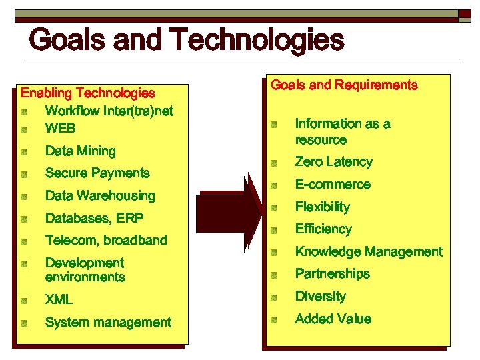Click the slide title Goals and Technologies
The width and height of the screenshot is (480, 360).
tap(187, 40)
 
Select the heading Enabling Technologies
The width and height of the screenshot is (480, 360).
tap(88, 93)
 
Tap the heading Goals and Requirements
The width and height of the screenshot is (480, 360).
tap(344, 85)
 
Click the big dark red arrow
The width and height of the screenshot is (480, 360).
tap(231, 212)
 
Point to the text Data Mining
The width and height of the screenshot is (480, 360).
tap(80, 151)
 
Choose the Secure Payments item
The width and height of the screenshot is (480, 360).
tap(97, 173)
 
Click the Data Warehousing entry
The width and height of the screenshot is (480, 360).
tap(99, 196)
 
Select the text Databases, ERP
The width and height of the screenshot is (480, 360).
tap(94, 218)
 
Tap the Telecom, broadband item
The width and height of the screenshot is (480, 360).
tap(105, 240)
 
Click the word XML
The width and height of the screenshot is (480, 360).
tap(59, 300)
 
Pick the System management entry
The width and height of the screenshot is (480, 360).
tap(108, 323)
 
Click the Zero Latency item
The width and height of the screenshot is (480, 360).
tap(333, 162)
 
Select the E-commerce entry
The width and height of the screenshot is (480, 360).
tap(333, 185)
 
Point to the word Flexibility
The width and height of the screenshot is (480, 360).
tap(322, 207)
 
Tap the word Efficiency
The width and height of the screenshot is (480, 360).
tap(323, 229)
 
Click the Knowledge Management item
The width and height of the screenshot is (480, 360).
tap(369, 252)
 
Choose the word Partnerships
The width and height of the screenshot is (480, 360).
tap(332, 274)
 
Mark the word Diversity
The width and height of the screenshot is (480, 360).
tap(320, 297)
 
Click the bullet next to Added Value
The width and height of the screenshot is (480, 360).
tap(273, 320)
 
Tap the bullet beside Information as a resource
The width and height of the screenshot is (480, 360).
tap(273, 125)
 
